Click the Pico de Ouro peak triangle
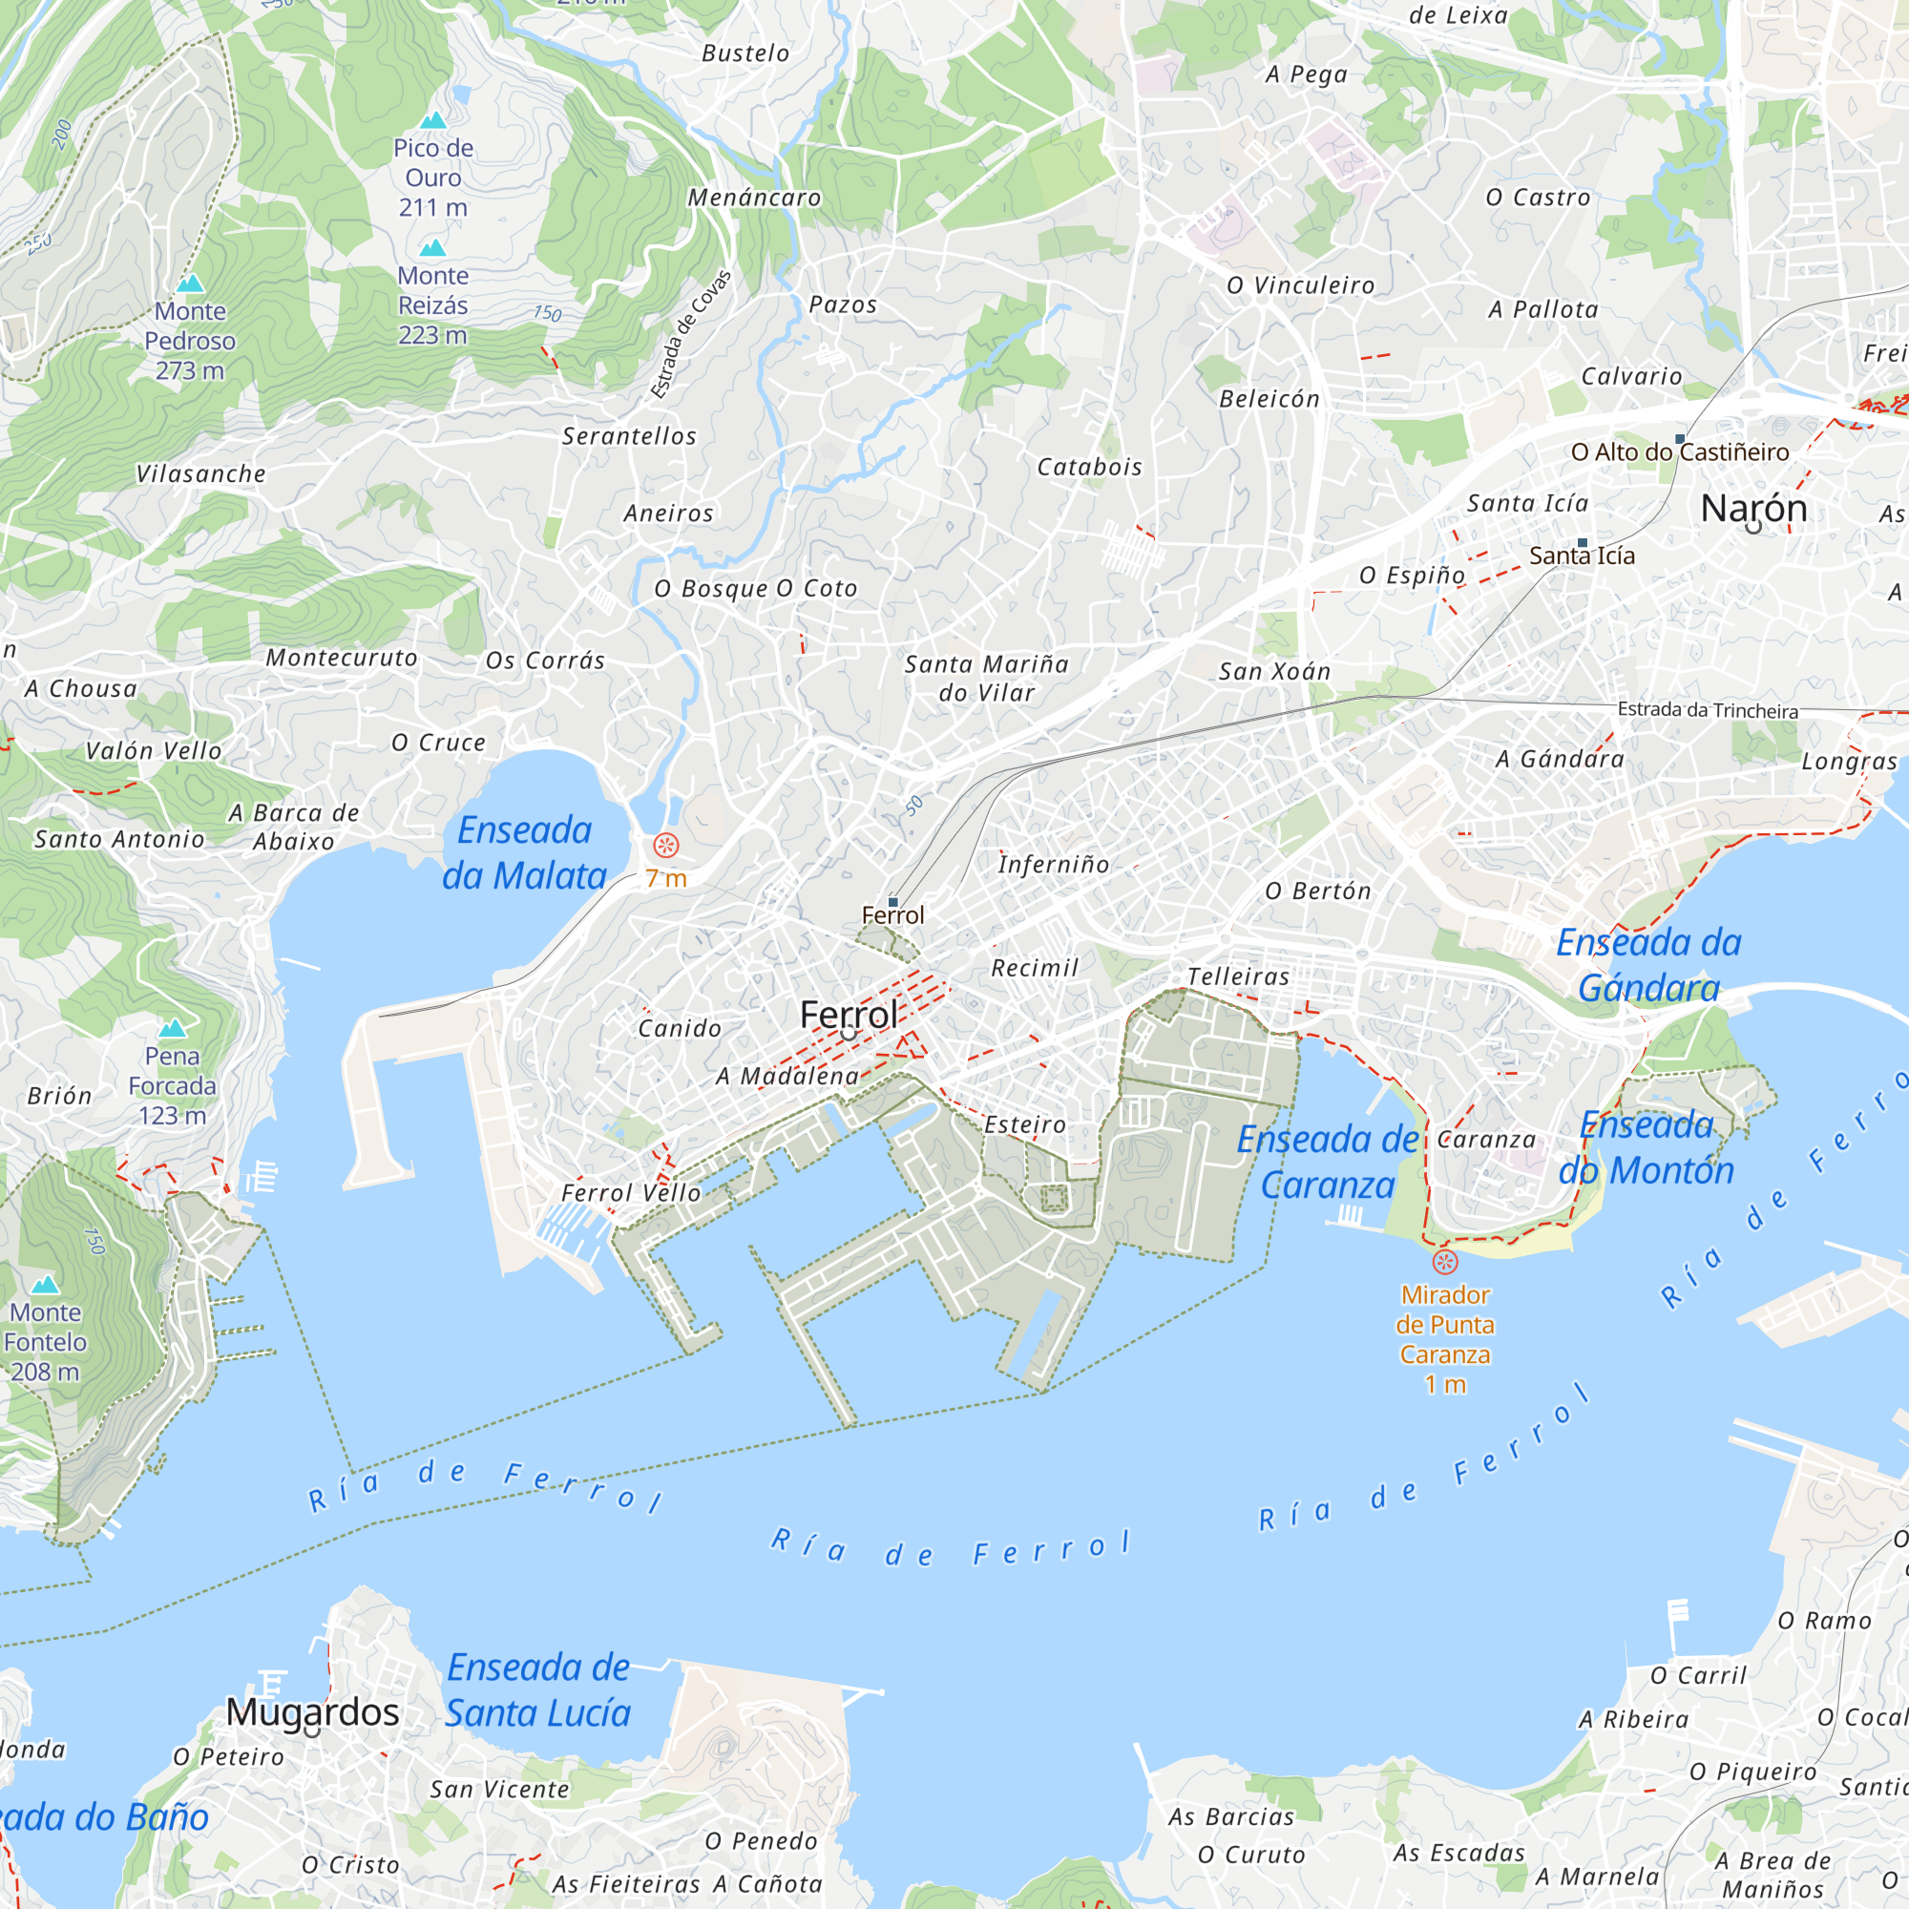click(x=432, y=121)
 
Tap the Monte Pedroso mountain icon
click(x=190, y=284)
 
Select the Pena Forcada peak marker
click(x=172, y=1030)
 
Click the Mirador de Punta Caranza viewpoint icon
click(x=1444, y=1262)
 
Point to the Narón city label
click(x=1753, y=508)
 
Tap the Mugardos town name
click(x=312, y=1712)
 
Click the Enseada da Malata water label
click(x=525, y=852)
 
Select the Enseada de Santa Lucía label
click(x=538, y=1690)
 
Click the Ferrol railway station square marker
click(x=893, y=902)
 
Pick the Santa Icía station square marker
click(x=1582, y=543)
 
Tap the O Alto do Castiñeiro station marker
click(x=1680, y=439)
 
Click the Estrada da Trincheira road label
click(x=1708, y=710)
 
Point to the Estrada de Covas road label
click(x=691, y=334)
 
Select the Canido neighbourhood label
click(x=680, y=1029)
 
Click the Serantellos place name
click(x=629, y=436)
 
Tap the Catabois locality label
click(x=1089, y=467)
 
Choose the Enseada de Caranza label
click(x=1328, y=1162)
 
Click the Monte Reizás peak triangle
click(x=432, y=249)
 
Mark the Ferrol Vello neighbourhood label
click(x=631, y=1192)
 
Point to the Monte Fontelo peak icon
click(x=46, y=1286)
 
